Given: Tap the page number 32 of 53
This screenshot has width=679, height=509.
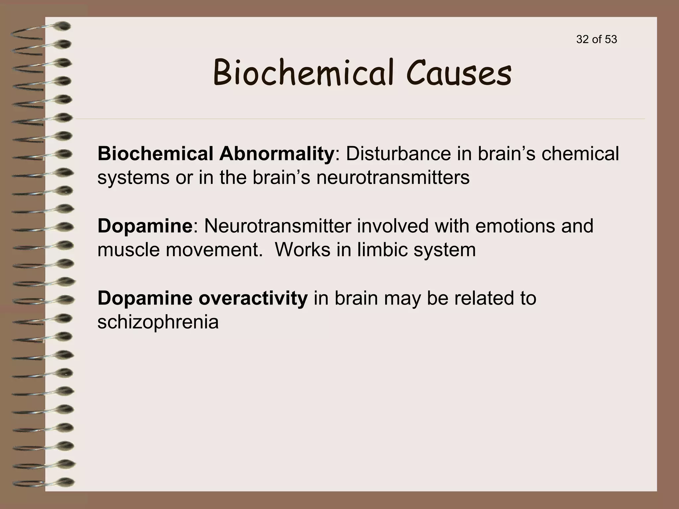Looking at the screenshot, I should click(x=596, y=39).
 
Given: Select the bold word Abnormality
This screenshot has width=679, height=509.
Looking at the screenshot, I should click(x=276, y=154).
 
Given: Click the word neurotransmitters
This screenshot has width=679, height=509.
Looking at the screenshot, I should click(x=393, y=178).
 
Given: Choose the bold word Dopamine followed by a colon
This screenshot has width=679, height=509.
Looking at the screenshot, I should click(x=145, y=226).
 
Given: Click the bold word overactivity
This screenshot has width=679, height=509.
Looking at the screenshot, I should click(x=253, y=298).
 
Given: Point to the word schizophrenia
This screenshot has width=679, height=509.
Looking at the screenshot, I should click(x=158, y=322).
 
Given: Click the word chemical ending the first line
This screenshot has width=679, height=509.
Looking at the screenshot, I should click(x=580, y=154).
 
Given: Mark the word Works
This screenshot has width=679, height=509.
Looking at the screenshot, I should click(x=303, y=250).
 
